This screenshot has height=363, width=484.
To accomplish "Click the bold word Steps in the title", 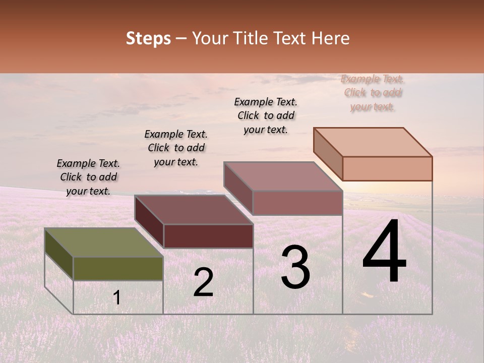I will [x=148, y=38].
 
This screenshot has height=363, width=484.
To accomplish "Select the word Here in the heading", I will [x=330, y=38].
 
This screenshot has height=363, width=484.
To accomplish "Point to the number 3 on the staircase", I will [x=295, y=268].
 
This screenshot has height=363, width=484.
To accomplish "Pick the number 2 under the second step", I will [x=204, y=282].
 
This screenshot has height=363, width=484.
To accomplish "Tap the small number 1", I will [x=117, y=298].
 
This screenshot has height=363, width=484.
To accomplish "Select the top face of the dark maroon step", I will [x=194, y=210].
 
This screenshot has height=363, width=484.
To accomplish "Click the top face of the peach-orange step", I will [x=373, y=142].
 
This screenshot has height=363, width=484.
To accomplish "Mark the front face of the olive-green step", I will [x=118, y=269].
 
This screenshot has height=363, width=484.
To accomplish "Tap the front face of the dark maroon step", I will [x=208, y=236].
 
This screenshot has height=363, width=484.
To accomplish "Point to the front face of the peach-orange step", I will [x=387, y=168].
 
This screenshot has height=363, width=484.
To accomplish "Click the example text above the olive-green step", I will [x=88, y=177].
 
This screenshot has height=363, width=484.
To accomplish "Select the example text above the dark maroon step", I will [x=176, y=148].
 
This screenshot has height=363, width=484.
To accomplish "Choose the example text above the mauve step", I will [x=266, y=115].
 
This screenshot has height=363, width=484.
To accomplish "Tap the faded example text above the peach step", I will [x=372, y=93].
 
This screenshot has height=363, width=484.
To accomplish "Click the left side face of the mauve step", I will [x=238, y=189].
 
